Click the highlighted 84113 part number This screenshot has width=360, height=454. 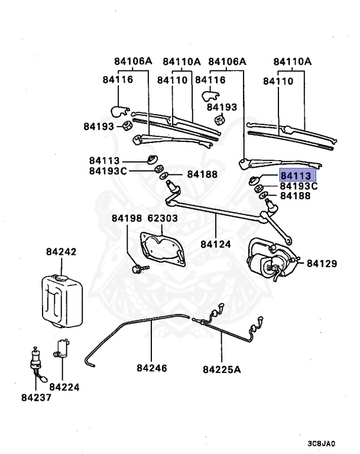[298, 176]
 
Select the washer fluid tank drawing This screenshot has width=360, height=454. [60, 299]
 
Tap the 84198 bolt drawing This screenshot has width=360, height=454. [138, 269]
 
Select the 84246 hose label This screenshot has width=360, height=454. [152, 368]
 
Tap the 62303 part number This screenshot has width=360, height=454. [163, 219]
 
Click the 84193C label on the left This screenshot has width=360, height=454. [108, 171]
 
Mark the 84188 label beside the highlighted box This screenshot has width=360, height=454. [295, 196]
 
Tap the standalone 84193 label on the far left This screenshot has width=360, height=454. [99, 126]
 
